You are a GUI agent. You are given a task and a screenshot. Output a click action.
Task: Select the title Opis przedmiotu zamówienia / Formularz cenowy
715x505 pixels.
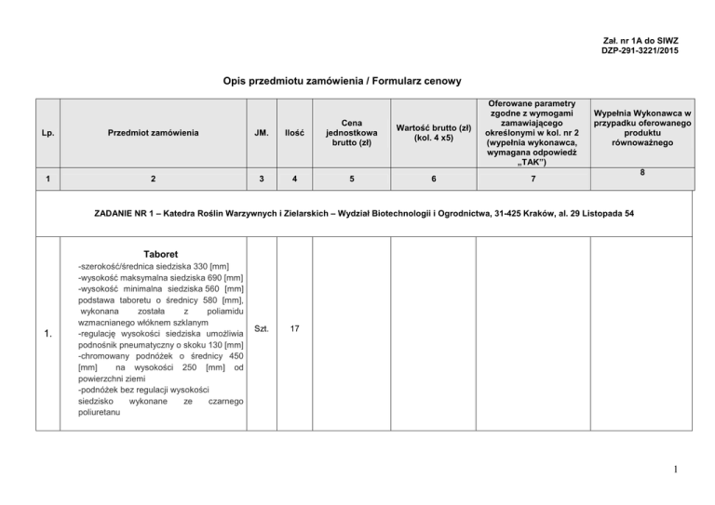click(x=343, y=82)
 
